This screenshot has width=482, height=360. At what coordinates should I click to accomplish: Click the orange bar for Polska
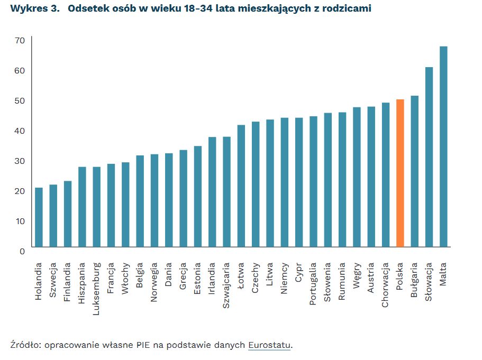[400, 173]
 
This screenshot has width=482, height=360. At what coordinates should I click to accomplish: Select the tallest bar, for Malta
[443, 147]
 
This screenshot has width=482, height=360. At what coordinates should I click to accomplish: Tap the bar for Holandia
[39, 217]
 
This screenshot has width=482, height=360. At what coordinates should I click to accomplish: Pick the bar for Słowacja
[429, 157]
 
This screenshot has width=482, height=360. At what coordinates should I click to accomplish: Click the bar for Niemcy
[285, 182]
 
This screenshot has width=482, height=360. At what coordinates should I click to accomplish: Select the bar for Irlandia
[212, 192]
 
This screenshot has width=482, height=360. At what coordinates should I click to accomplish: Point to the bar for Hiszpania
[82, 207]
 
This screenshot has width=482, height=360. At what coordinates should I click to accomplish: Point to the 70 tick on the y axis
[20, 40]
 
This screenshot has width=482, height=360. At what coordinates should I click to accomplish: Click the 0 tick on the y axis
[22, 251]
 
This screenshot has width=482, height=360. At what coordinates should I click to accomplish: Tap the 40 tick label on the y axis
[20, 131]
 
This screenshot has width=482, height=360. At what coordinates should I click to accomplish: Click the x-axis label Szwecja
[53, 280]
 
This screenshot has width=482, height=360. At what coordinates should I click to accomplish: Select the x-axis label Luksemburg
[96, 288]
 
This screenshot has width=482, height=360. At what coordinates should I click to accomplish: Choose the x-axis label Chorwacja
[386, 285]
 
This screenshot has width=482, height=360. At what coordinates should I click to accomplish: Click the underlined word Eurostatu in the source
[270, 345]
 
